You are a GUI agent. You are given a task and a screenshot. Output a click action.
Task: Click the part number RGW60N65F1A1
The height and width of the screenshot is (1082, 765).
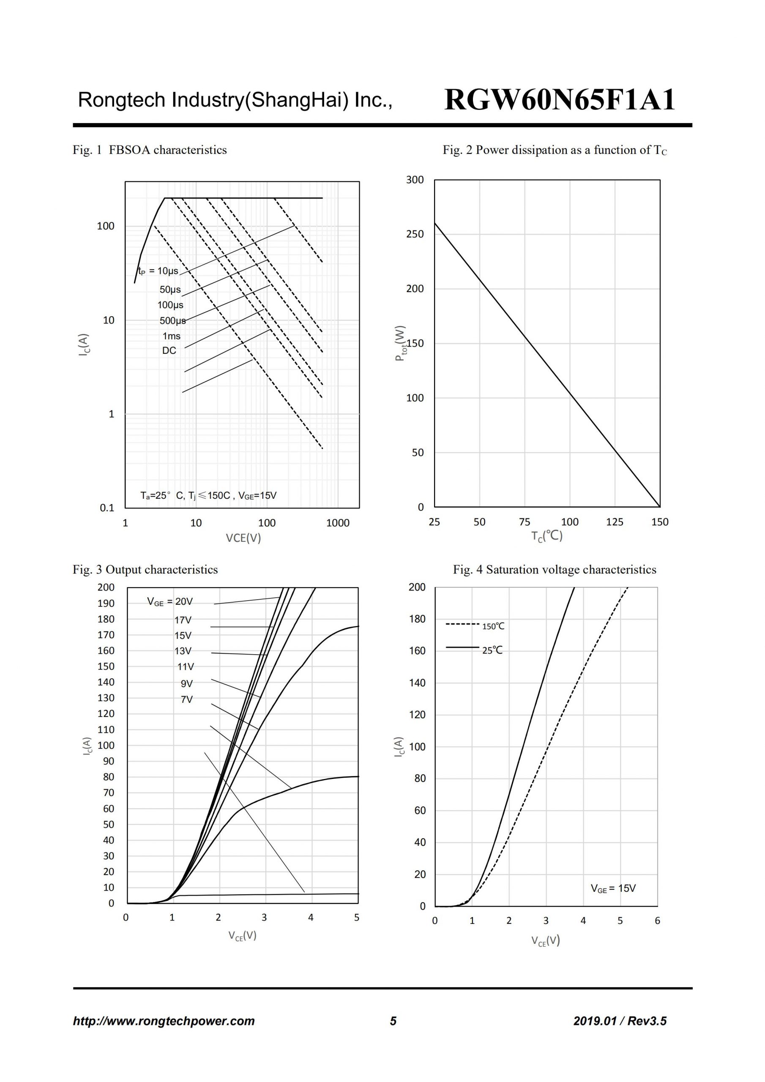[560, 100]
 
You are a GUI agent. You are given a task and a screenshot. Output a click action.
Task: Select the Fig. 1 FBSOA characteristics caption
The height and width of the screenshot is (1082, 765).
[150, 150]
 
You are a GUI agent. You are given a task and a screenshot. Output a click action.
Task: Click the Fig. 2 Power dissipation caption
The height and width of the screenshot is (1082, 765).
[555, 150]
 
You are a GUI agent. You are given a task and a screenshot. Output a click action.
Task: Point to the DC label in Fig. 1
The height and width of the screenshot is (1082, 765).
[169, 351]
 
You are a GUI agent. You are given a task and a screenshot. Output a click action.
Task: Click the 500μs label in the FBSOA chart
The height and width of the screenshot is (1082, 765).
[172, 321]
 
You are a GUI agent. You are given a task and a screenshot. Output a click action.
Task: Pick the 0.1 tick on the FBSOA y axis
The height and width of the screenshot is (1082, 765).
[107, 508]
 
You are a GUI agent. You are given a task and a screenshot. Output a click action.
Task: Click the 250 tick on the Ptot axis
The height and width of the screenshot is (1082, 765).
[415, 234]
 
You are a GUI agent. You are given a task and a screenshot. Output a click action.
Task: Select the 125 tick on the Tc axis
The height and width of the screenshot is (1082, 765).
[615, 522]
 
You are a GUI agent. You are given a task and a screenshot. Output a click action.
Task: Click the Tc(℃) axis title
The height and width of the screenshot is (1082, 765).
[547, 536]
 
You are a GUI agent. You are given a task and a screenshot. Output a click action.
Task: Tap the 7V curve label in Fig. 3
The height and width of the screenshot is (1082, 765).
[187, 700]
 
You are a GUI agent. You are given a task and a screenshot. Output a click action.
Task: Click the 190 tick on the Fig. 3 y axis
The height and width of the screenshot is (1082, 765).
[106, 603]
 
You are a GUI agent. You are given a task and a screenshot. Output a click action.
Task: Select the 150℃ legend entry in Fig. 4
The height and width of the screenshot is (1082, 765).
[493, 626]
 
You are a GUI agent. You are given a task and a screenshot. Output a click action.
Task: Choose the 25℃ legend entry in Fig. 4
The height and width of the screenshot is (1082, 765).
[492, 650]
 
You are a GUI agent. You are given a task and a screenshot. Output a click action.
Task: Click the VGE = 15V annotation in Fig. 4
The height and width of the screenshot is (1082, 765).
[613, 888]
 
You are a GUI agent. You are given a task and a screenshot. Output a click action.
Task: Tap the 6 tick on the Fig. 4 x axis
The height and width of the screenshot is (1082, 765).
[658, 921]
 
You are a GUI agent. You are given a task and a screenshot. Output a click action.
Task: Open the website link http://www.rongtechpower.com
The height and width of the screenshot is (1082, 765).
[164, 1021]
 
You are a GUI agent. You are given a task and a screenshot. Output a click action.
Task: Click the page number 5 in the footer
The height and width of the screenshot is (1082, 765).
[393, 1021]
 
